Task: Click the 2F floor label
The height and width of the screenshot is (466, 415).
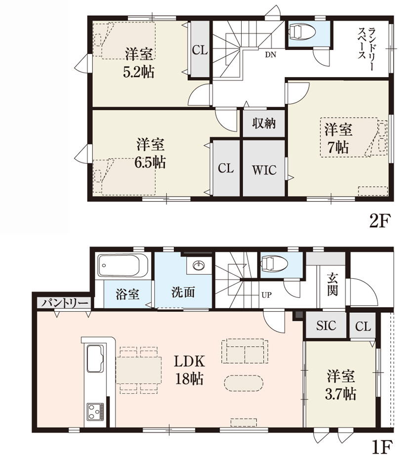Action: (x=379, y=221)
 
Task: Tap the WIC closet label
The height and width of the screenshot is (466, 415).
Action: (x=264, y=169)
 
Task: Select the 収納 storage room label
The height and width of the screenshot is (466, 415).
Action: (x=264, y=124)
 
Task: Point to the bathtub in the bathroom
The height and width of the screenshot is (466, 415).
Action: (x=124, y=265)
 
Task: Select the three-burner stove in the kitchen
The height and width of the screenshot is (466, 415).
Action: (x=95, y=412)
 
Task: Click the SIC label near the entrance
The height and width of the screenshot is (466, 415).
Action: (x=326, y=326)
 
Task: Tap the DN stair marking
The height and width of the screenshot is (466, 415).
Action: (x=271, y=55)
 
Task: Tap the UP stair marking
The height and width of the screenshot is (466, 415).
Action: (x=266, y=295)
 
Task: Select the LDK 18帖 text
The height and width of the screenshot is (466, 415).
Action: (x=189, y=370)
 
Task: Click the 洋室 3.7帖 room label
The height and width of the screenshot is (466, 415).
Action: (x=341, y=384)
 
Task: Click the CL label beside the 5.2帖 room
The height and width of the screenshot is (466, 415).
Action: (x=200, y=50)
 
